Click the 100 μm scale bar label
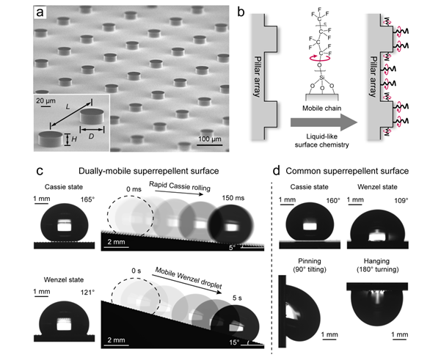211,139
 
